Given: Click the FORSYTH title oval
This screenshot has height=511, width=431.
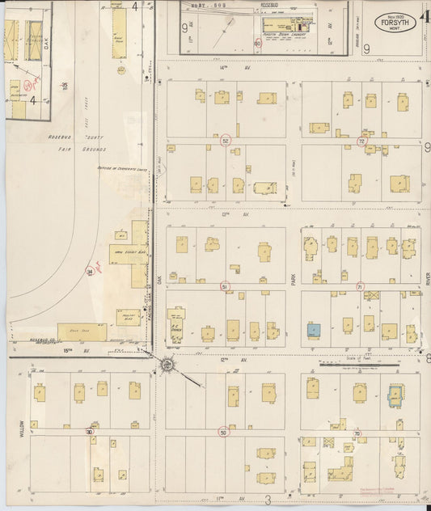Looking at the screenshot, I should point(396,23).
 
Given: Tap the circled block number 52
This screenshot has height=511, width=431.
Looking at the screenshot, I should point(226,141).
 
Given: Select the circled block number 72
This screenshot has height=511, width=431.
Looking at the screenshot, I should point(361,141).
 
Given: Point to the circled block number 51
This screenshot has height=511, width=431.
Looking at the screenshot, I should point(224,286).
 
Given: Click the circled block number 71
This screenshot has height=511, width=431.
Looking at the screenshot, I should point(360,286).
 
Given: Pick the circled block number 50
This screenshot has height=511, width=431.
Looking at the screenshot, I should point(223,432).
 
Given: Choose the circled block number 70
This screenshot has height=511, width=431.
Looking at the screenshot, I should point(357,433).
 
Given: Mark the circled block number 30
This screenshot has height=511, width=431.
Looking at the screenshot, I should point(89,432).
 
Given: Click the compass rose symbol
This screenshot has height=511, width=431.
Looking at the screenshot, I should point(167,366).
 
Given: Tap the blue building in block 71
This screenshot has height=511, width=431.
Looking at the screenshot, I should point(314,330).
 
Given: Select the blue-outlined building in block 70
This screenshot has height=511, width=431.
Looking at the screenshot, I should point(395,395).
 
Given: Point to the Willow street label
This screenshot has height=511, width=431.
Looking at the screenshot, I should point(22,429).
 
